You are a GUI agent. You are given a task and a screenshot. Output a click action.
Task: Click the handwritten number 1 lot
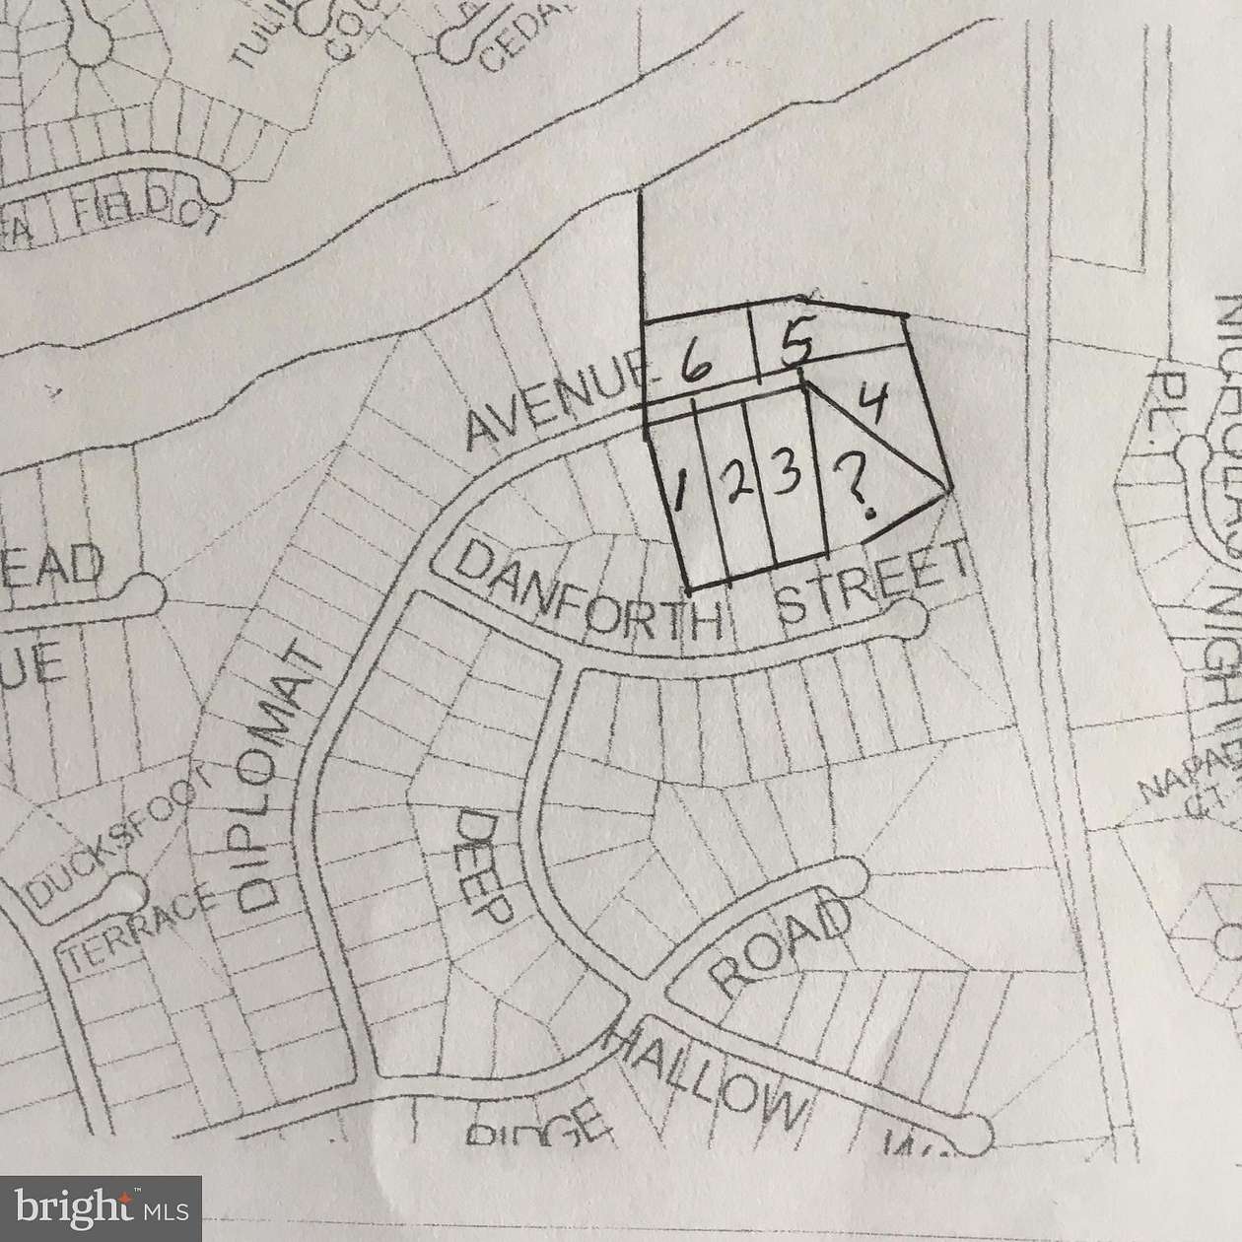click(x=681, y=490)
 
